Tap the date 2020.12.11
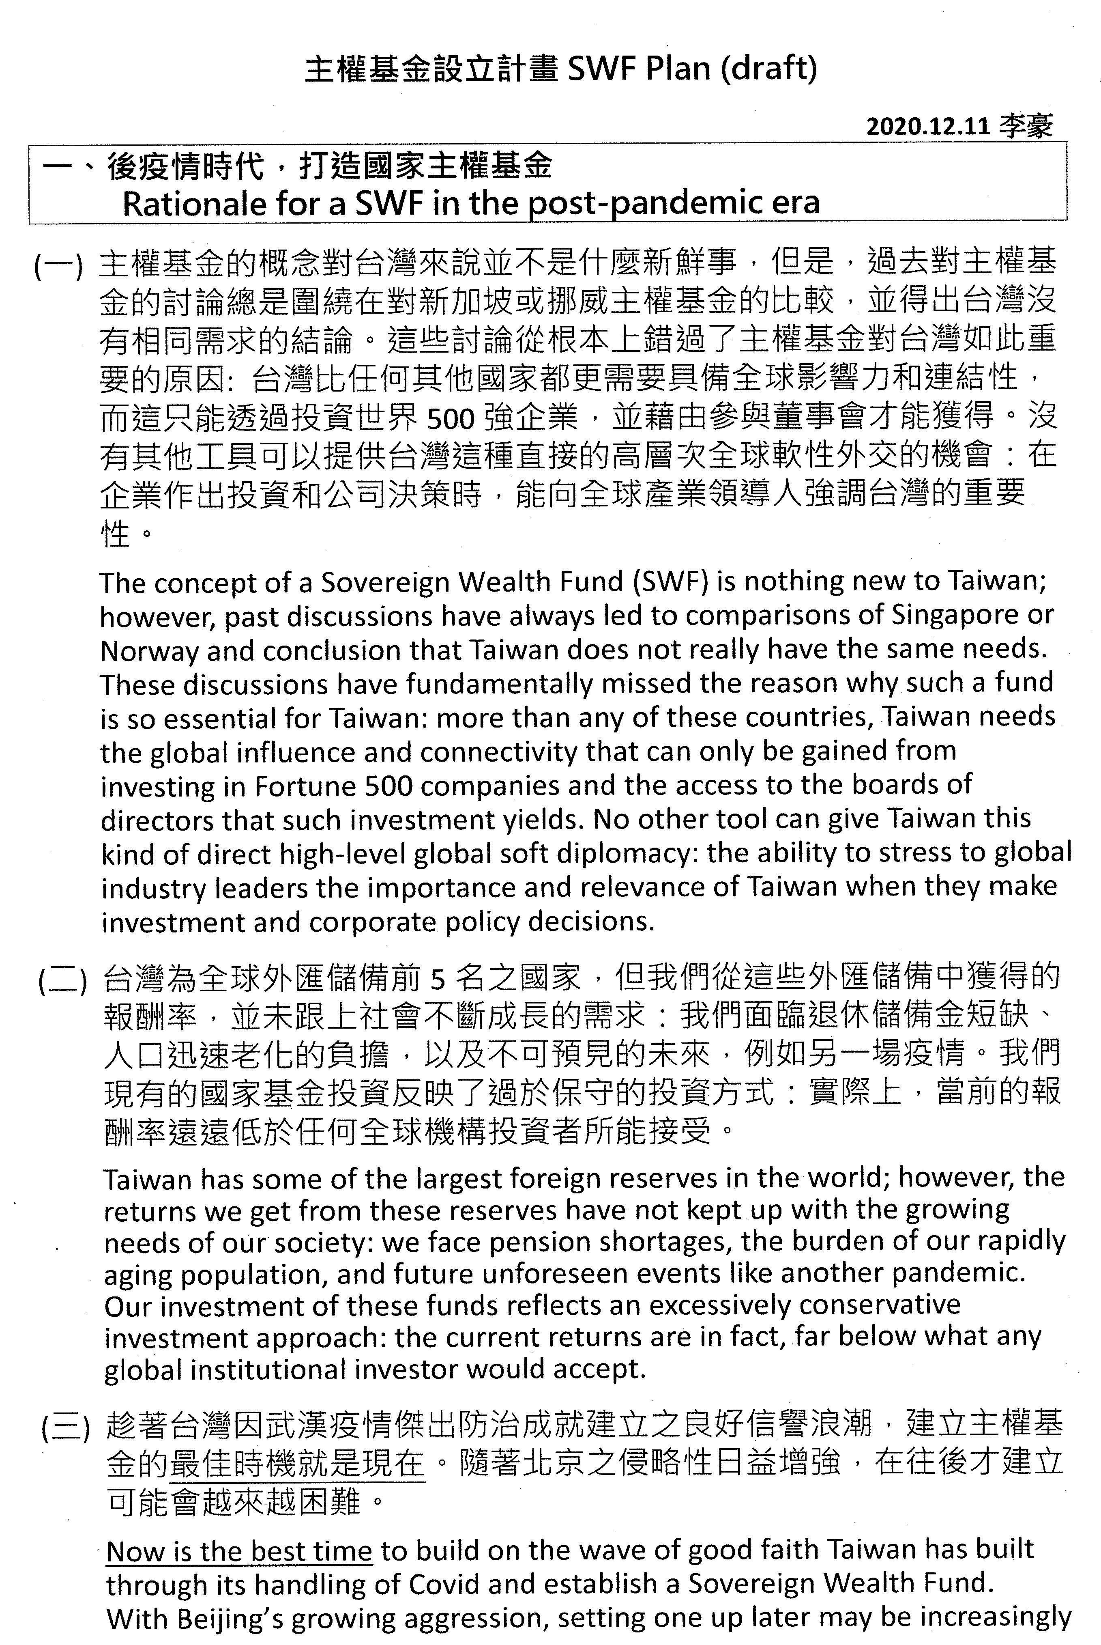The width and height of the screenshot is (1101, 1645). click(927, 127)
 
